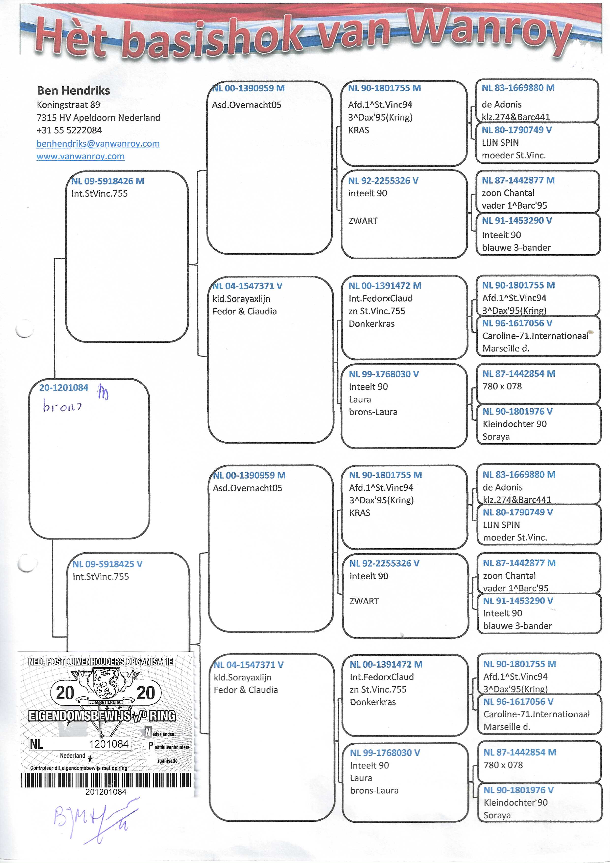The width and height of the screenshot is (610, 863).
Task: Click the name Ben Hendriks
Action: pos(73,91)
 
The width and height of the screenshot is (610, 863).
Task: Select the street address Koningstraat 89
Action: pos(68,105)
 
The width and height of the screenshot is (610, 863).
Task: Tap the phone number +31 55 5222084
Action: pos(69,130)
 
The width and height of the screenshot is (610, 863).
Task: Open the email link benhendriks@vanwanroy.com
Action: pos(98,144)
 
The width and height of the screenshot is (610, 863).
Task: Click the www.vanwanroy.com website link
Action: pos(80,156)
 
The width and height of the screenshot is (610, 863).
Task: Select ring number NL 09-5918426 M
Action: pos(108,181)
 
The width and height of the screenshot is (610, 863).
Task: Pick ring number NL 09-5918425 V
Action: pos(107,564)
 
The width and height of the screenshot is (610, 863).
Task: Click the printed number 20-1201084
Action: pos(64,387)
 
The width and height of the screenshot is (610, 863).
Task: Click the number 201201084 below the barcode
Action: pos(106,792)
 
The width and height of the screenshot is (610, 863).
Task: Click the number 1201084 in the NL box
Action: pos(109,744)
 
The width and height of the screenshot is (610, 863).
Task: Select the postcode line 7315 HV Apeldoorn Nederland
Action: pos(98,118)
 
